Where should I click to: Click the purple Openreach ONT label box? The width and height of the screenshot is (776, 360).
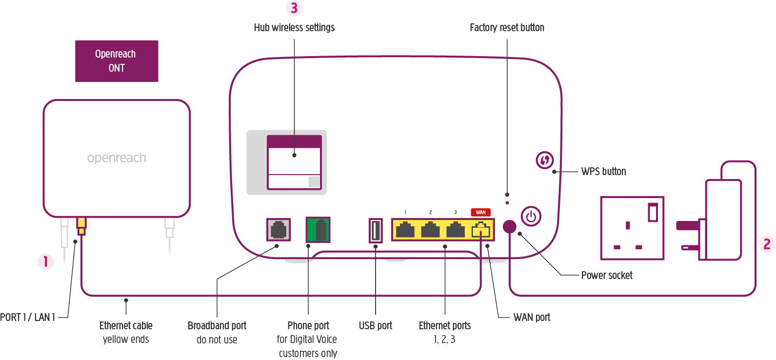[x=117, y=61]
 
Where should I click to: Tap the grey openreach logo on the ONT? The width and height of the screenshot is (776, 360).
[x=117, y=158]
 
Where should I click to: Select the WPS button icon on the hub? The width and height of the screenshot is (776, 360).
[x=545, y=160]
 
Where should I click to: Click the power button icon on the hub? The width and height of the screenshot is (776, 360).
[x=531, y=217]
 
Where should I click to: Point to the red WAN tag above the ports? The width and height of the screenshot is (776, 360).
[x=481, y=212]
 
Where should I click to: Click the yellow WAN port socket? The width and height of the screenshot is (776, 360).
[x=481, y=230]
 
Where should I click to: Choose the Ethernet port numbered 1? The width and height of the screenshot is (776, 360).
[x=405, y=230]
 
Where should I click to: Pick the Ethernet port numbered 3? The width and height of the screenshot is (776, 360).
[x=456, y=230]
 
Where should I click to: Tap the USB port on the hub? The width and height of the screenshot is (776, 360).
[x=376, y=230]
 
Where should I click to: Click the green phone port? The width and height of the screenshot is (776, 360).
[x=318, y=230]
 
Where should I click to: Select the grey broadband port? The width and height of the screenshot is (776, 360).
[x=279, y=229]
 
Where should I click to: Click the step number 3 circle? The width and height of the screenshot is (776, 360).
[x=294, y=8]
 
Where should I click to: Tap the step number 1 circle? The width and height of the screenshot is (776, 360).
[x=46, y=261]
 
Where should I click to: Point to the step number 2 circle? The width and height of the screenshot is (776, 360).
[x=767, y=244]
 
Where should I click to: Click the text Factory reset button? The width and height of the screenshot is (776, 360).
[x=507, y=28]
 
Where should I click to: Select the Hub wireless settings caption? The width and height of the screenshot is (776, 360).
[x=294, y=28]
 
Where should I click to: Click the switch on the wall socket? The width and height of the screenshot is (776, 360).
[x=653, y=212]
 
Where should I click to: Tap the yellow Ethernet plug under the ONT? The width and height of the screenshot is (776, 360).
[x=81, y=226]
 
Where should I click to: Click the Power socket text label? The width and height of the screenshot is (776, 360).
[x=607, y=276]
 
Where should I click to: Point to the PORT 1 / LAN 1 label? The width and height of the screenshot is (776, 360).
[x=27, y=318]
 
